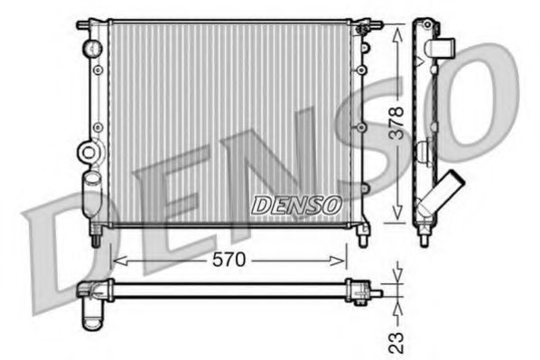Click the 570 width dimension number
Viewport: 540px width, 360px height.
tap(228, 260)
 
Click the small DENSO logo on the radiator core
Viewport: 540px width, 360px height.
tap(294, 206)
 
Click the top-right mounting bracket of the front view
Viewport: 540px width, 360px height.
tap(362, 21)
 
